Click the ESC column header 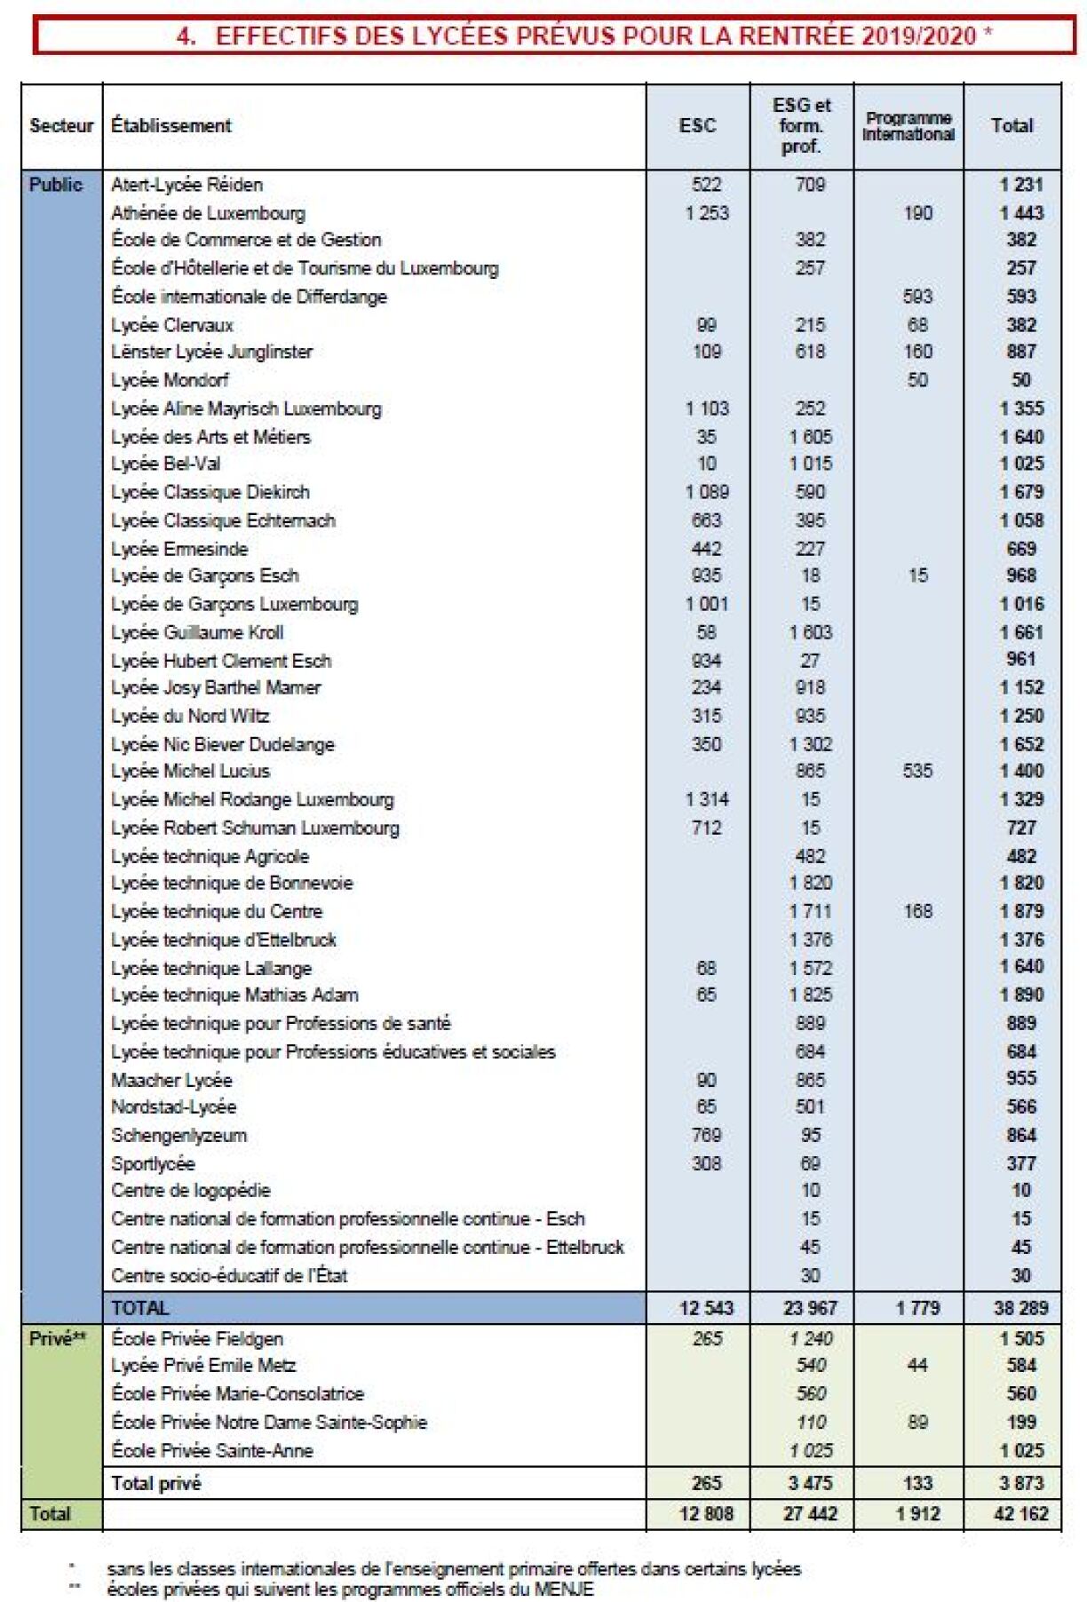point(697,126)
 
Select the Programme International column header point(908,126)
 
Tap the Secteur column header point(61,126)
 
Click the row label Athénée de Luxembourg point(208,213)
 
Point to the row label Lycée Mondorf point(170,380)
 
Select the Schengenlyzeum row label point(179,1135)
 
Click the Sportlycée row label point(153,1163)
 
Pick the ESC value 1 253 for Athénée point(706,213)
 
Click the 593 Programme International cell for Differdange point(917,296)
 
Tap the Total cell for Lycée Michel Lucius point(1021,771)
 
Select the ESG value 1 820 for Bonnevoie point(810,883)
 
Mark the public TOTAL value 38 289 point(1020,1308)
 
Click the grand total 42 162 point(1020,1513)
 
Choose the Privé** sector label point(58,1338)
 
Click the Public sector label point(56,185)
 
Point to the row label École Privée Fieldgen point(197,1338)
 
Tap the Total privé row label point(156,1483)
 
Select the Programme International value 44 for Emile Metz point(917,1365)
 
